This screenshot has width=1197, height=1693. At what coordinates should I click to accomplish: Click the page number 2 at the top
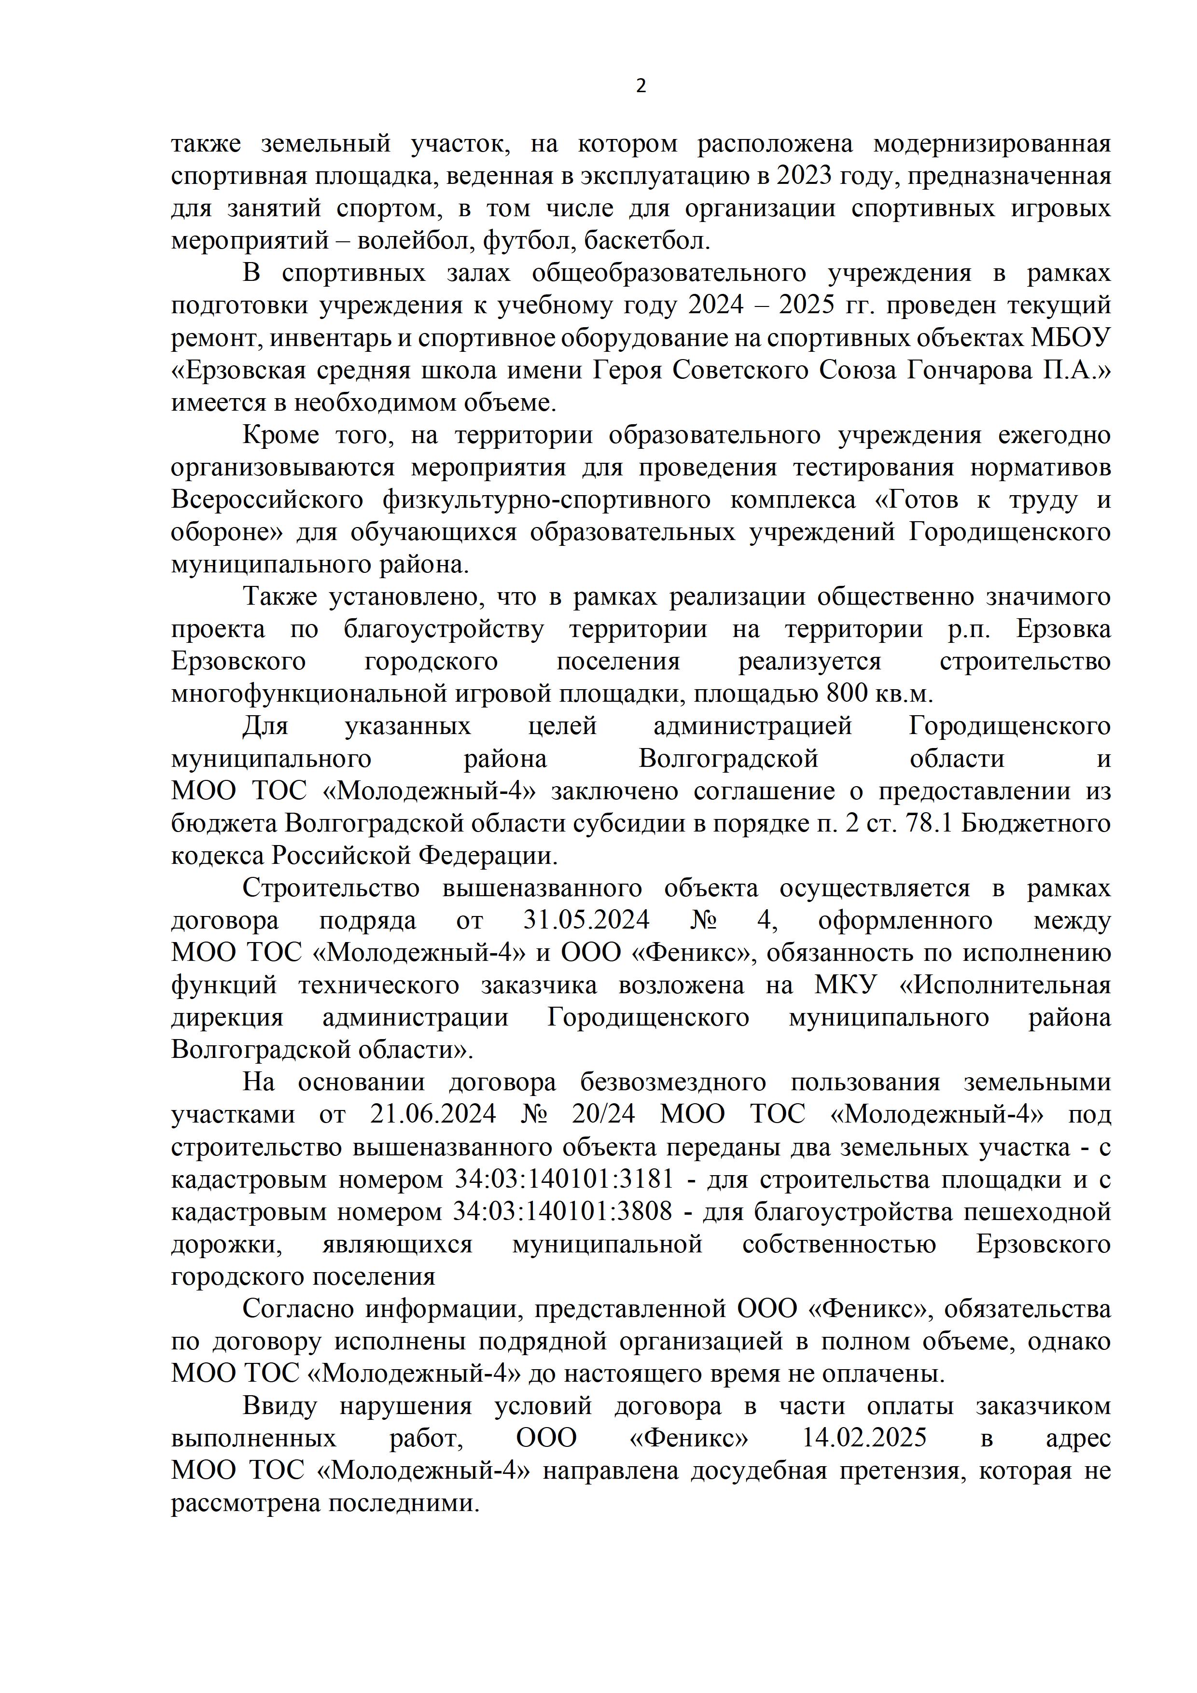click(640, 86)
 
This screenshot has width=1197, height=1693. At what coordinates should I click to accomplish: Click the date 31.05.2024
click(586, 921)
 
